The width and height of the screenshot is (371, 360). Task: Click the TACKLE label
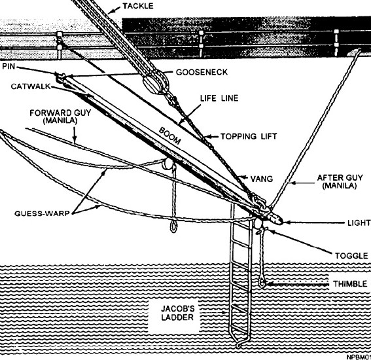click(x=138, y=6)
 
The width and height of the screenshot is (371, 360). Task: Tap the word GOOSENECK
click(x=202, y=72)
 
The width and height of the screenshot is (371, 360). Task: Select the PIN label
click(x=9, y=66)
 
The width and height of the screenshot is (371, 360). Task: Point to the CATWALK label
click(x=31, y=86)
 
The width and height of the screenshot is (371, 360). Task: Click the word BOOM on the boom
click(x=170, y=135)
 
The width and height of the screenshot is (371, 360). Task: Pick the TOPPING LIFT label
click(x=249, y=136)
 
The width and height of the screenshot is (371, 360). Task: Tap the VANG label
click(x=262, y=179)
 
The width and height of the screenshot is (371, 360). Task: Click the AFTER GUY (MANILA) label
click(x=340, y=181)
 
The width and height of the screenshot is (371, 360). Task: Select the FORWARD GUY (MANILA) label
click(x=60, y=117)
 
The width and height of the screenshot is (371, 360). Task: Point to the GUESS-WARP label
click(x=42, y=213)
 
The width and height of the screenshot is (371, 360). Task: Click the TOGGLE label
click(x=351, y=256)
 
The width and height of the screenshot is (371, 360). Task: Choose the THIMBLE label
click(x=350, y=283)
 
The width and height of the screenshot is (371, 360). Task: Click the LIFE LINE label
click(x=219, y=98)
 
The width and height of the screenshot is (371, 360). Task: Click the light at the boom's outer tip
click(x=275, y=219)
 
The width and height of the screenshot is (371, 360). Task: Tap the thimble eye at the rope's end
click(x=262, y=283)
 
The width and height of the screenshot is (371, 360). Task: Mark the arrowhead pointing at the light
click(x=287, y=223)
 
